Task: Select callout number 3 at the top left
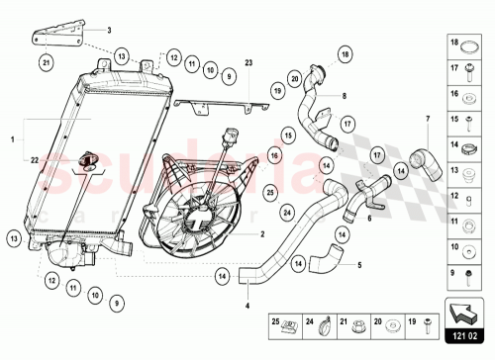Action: click(x=109, y=31)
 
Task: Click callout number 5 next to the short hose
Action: click(x=359, y=265)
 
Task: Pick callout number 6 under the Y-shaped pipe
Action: click(x=369, y=219)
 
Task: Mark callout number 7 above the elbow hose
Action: click(x=427, y=119)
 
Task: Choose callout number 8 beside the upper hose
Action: click(x=345, y=95)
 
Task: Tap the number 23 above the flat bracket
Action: click(x=249, y=63)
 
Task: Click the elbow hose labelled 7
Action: click(x=421, y=161)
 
